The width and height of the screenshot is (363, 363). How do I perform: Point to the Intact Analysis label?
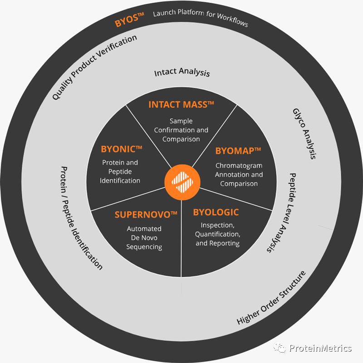coord(182,72)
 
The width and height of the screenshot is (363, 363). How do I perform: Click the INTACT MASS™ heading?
coord(181,105)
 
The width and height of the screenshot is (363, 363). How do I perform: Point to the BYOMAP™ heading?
coord(239,151)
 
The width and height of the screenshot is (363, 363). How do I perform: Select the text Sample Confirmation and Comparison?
coord(181,130)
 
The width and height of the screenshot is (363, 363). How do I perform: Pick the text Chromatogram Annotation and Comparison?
coord(239,174)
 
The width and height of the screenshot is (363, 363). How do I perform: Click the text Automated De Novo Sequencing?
coord(144,238)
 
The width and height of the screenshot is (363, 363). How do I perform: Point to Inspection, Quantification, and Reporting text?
coord(217,234)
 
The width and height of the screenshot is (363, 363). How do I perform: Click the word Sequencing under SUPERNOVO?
coord(144,247)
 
